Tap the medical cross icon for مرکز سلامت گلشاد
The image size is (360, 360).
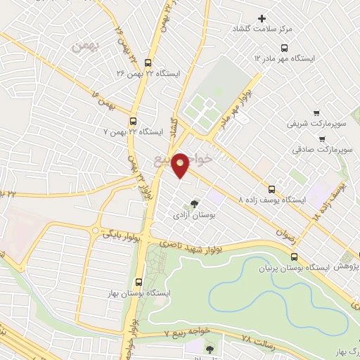click(262, 18)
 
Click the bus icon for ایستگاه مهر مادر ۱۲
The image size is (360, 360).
click(283, 48)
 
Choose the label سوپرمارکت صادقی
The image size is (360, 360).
click(325, 150)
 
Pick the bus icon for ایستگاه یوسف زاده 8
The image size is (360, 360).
click(272, 188)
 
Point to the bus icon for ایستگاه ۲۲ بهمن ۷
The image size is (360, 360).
click(134, 120)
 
